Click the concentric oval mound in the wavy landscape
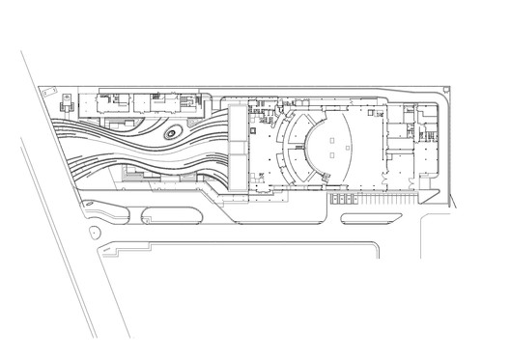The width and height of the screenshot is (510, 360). click(x=175, y=137)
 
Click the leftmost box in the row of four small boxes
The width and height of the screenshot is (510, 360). click(x=334, y=200)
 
